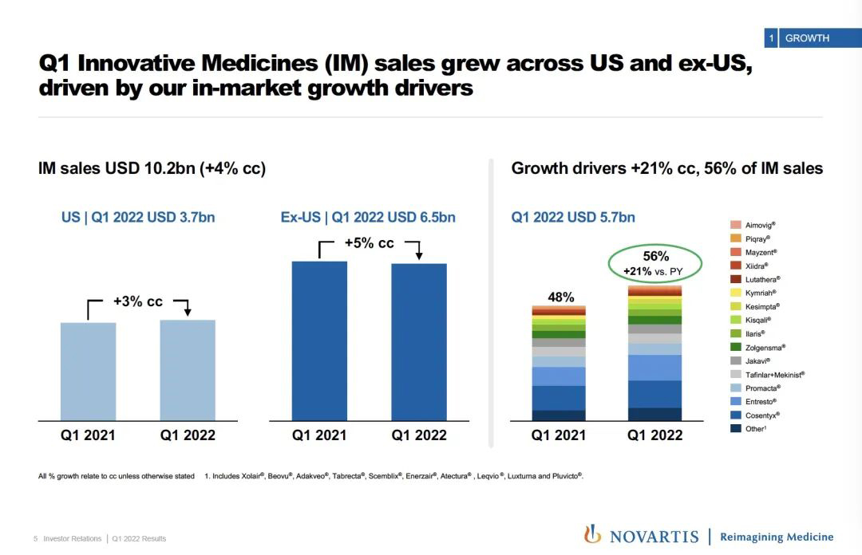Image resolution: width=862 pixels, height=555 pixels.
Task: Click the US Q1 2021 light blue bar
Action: (89, 371)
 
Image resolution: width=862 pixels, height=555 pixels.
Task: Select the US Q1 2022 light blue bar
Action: (188, 369)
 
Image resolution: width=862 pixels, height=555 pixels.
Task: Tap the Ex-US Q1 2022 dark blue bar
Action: (418, 341)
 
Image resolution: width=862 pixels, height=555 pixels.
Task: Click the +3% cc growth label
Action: (137, 302)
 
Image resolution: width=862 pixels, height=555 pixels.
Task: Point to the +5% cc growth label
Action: (369, 243)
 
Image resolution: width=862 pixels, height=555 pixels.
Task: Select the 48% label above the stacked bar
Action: (560, 297)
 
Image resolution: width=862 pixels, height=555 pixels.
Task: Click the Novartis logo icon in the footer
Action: (592, 534)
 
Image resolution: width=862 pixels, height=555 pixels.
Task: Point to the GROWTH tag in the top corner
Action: (807, 38)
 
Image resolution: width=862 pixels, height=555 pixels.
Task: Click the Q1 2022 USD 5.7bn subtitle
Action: (573, 217)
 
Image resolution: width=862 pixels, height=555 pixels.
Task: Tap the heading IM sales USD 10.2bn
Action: (152, 168)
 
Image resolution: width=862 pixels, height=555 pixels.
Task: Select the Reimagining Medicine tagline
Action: (776, 537)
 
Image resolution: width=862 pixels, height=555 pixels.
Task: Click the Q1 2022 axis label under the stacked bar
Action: (654, 435)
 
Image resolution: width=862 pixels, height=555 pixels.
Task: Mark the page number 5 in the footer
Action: (36, 539)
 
